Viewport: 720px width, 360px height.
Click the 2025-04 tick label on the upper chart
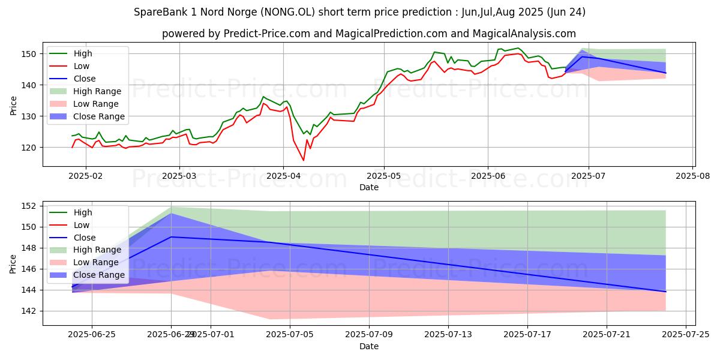[284, 177]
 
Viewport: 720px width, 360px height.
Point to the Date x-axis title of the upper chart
[368, 187]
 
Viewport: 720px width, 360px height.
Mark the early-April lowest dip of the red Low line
[303, 160]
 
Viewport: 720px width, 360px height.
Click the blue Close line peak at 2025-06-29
[171, 236]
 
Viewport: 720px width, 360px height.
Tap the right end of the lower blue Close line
[665, 292]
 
